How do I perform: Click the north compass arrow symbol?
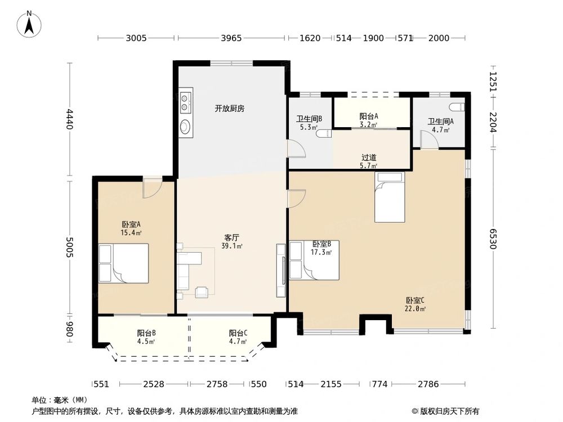pyautogui.click(x=30, y=24)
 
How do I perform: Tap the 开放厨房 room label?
pyautogui.click(x=229, y=109)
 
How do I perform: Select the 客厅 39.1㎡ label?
pyautogui.click(x=232, y=241)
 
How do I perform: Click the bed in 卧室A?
pyautogui.click(x=123, y=262)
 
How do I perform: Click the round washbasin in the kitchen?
pyautogui.click(x=186, y=127)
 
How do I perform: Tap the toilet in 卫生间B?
pyautogui.click(x=323, y=134)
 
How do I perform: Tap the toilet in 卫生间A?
pyautogui.click(x=457, y=107)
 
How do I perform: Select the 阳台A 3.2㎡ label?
pyautogui.click(x=369, y=120)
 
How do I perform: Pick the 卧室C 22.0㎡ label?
pyautogui.click(x=415, y=304)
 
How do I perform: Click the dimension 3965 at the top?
pyautogui.click(x=231, y=38)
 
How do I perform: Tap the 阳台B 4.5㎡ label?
pyautogui.click(x=146, y=336)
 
